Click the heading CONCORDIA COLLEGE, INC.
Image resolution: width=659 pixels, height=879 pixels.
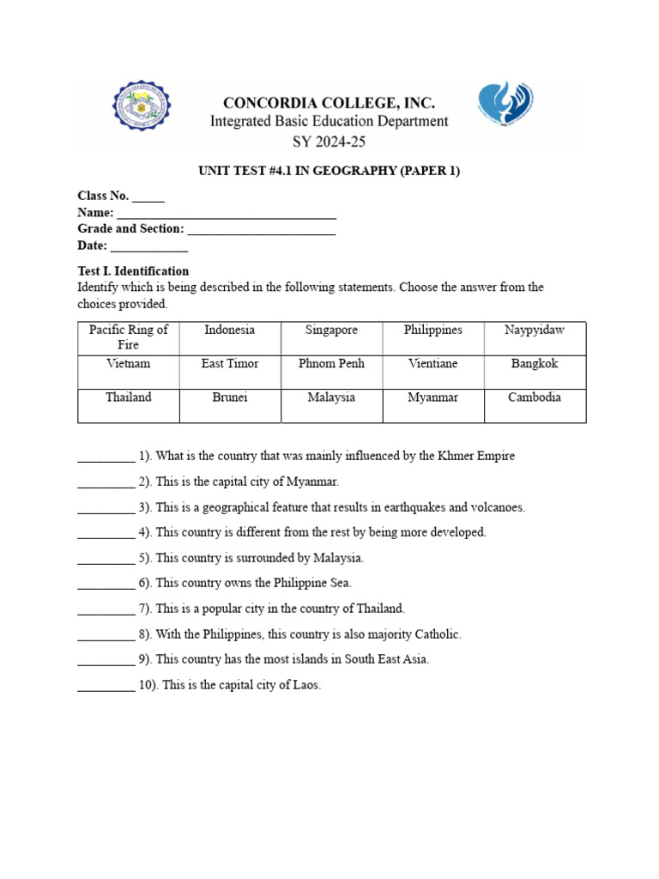[x=329, y=102]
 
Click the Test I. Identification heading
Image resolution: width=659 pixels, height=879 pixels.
[x=133, y=271]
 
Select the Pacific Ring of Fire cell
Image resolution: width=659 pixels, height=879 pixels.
[x=129, y=337]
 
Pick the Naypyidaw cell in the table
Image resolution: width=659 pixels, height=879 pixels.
[x=535, y=330]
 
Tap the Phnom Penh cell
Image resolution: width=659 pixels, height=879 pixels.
[x=331, y=364]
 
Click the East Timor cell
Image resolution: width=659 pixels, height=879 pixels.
[x=230, y=364]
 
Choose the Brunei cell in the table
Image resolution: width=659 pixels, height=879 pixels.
[x=230, y=397]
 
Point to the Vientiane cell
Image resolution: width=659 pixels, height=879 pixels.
[x=433, y=364]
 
